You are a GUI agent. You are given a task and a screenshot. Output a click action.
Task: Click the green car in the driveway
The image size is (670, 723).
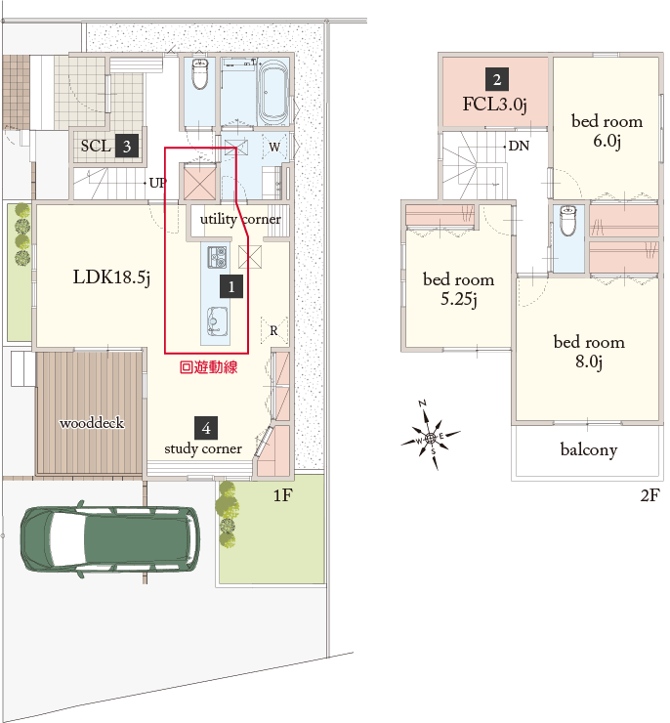(109, 538)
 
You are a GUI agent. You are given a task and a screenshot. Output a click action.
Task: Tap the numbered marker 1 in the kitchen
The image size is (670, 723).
(231, 287)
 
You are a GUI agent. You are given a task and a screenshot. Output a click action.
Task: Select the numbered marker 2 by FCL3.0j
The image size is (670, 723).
(497, 79)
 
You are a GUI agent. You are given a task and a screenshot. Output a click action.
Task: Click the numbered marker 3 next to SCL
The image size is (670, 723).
(127, 147)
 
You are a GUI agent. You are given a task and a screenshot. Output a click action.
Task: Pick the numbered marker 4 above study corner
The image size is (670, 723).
(206, 428)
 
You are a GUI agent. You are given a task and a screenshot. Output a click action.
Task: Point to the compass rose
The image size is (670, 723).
(430, 437)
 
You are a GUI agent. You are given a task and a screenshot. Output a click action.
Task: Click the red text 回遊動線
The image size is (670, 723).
(208, 367)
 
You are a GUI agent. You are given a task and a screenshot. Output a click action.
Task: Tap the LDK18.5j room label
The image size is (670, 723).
(111, 277)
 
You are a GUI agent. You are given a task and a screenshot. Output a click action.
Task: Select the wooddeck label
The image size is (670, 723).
(92, 423)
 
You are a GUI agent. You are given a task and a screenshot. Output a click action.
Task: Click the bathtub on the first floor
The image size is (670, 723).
(273, 91)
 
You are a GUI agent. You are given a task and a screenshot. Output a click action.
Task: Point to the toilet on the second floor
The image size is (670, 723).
(567, 221)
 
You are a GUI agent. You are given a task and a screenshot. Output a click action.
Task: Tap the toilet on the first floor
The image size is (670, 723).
(200, 73)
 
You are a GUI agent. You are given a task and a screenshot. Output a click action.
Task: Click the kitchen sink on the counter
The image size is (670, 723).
(215, 320)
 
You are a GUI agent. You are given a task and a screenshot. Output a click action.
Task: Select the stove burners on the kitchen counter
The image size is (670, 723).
(217, 257)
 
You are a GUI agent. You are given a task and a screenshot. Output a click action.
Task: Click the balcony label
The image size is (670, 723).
(589, 449)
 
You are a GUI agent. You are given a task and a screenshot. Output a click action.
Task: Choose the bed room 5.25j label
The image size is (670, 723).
(458, 289)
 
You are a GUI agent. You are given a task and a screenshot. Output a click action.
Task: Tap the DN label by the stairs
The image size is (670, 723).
(519, 147)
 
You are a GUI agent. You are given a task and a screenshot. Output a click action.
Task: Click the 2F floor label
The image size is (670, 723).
(650, 494)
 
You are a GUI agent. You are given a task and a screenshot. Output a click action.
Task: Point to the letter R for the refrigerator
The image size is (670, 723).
(273, 330)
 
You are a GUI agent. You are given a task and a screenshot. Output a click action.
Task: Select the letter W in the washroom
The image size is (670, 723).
(274, 148)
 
